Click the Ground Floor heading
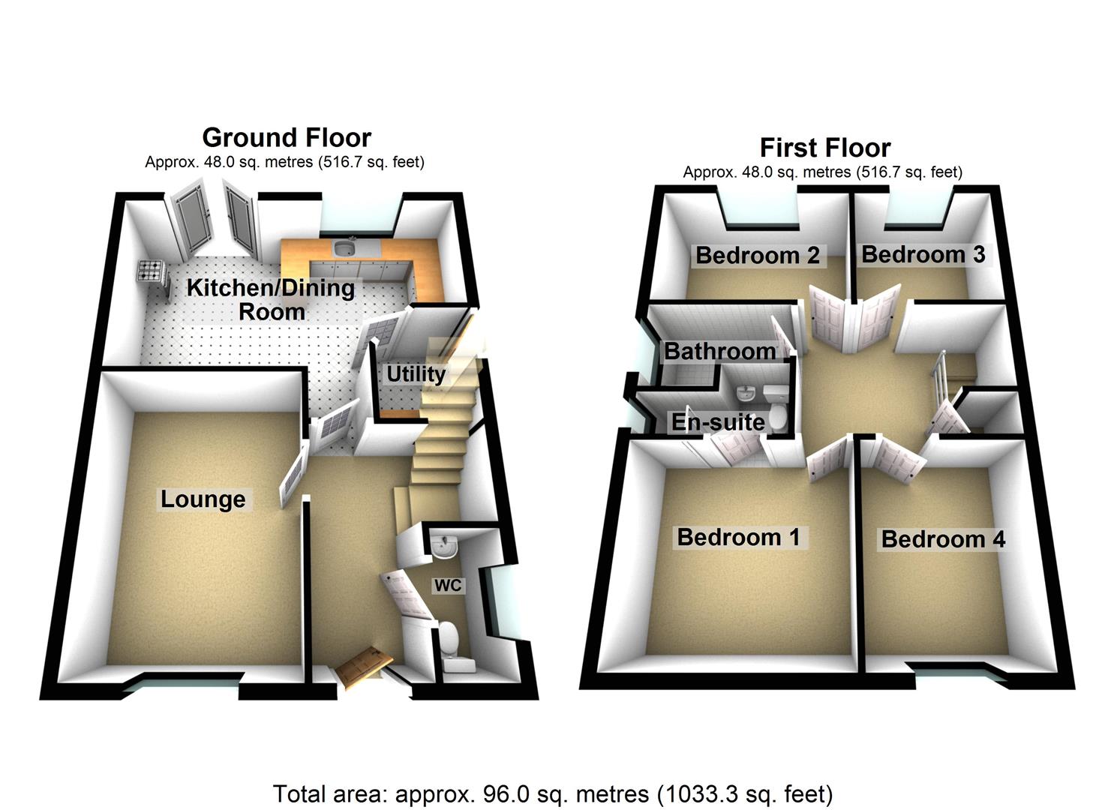(x=286, y=138)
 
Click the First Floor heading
(x=824, y=148)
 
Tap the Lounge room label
(x=203, y=499)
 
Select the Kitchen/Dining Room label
(x=270, y=299)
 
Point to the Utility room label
(x=416, y=373)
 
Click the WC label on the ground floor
(x=448, y=585)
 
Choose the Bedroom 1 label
(x=738, y=537)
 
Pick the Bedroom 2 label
(x=758, y=255)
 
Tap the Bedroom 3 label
(x=923, y=254)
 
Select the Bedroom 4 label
(x=942, y=539)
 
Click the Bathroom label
(x=719, y=351)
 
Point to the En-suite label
(x=718, y=422)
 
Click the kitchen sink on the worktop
(x=346, y=247)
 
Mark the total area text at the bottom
(x=553, y=793)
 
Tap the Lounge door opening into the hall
(x=293, y=476)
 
